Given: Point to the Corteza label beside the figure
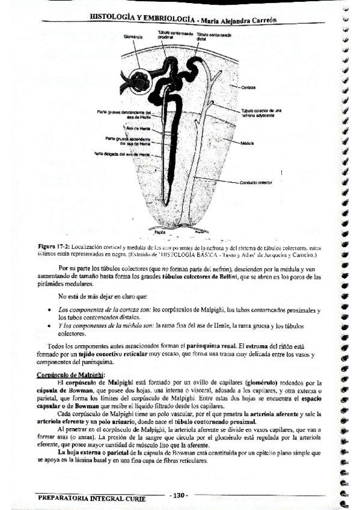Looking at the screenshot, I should pyautogui.click(x=250, y=87).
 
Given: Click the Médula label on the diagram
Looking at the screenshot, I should pyautogui.click(x=248, y=144).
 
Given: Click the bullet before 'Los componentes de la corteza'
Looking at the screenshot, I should pyautogui.click(x=48, y=309).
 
